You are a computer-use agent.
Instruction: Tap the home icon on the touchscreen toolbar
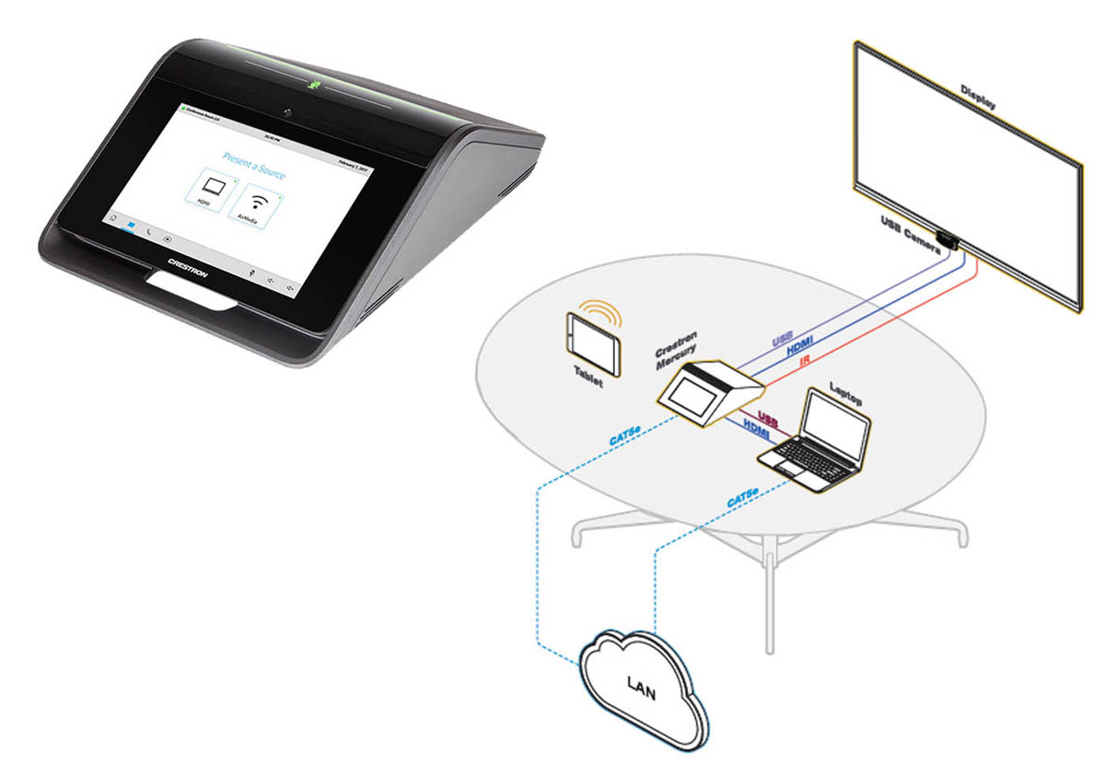click(x=112, y=219)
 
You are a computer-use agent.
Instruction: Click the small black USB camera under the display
click(x=948, y=241)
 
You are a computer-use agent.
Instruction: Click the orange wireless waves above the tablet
click(x=605, y=310)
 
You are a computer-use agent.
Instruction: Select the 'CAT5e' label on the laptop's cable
click(x=743, y=500)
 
